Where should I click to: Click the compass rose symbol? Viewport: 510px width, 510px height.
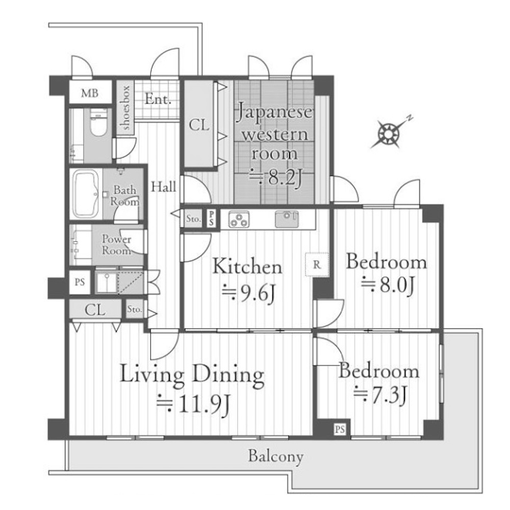389,133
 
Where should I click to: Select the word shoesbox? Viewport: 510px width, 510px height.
124,107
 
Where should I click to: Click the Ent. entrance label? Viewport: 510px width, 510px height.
158,99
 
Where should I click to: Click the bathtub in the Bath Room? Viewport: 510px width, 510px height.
86,194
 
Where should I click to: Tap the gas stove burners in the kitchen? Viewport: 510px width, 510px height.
239,219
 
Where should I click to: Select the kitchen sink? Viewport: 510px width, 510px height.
287,219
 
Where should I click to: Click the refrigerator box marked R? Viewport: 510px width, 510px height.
317,264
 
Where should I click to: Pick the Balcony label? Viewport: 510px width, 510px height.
276,456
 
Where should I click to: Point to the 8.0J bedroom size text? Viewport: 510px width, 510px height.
388,285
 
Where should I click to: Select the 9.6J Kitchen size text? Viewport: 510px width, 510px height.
248,292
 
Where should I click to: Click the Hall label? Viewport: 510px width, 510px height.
163,187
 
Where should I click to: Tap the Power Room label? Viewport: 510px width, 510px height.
116,245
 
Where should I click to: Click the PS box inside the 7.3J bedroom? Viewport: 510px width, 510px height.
340,429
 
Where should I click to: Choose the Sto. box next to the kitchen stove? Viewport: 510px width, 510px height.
193,219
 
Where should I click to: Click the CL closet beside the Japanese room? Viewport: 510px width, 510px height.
199,124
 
